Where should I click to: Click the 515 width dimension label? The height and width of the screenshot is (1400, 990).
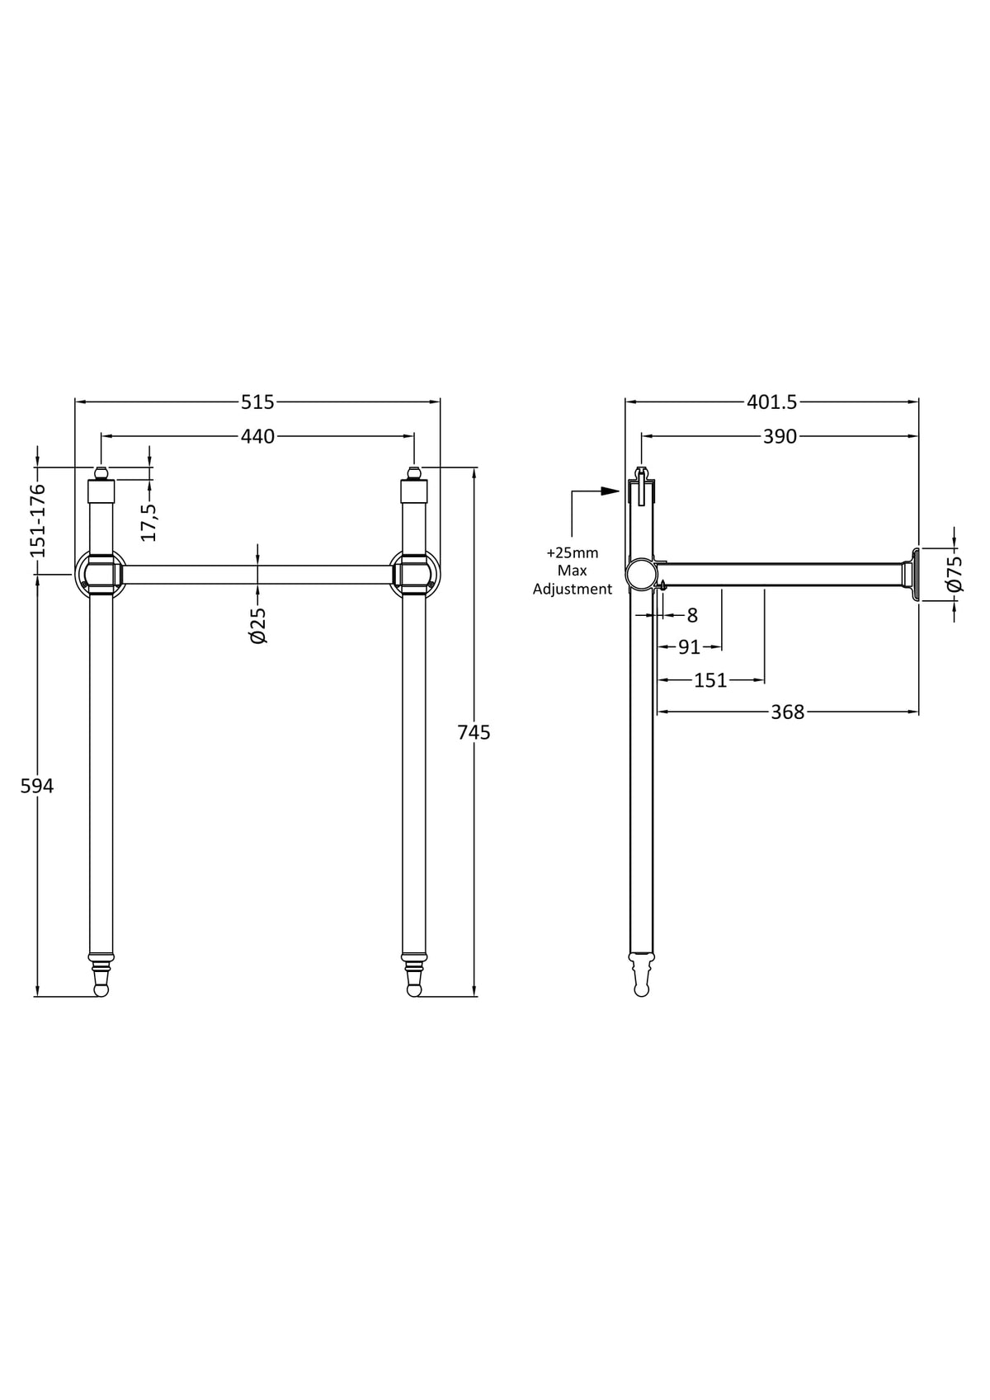point(257,402)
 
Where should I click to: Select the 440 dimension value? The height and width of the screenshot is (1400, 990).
point(257,436)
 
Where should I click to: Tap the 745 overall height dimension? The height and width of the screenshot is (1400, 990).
point(474,732)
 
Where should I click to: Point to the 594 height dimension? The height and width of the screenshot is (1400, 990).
point(37,786)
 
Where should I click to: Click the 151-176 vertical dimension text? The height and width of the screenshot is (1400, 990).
point(38,520)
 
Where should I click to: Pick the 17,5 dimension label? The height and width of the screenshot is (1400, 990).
point(148,522)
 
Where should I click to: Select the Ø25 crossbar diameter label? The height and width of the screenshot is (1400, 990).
point(257,625)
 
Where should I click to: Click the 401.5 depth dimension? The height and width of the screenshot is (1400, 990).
point(771,402)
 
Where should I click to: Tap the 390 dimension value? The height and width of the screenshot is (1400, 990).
point(780,436)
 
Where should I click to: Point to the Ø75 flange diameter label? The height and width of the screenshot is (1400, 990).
point(955,573)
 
